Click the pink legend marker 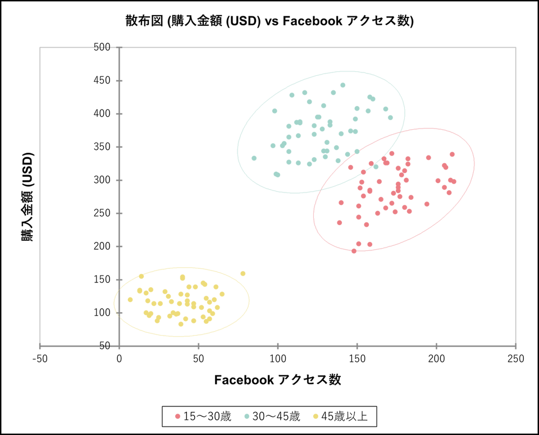click(x=178, y=416)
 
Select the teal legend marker click(x=246, y=416)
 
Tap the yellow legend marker click(x=316, y=416)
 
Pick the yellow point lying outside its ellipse click(x=243, y=273)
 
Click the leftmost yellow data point click(x=130, y=300)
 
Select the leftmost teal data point click(x=254, y=158)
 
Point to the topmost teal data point click(x=342, y=85)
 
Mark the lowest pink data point click(x=354, y=251)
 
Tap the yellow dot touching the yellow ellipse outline click(x=141, y=276)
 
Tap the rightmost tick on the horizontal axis click(x=516, y=348)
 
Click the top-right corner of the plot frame click(x=516, y=47)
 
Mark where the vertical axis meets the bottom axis click(x=119, y=346)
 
